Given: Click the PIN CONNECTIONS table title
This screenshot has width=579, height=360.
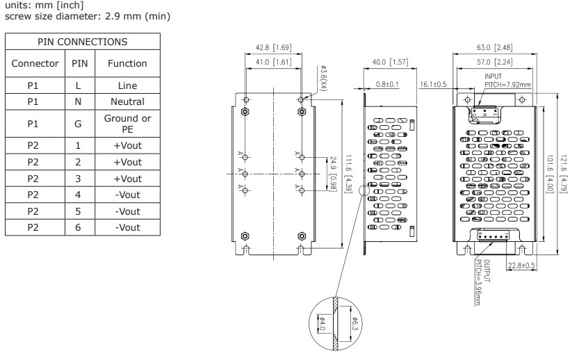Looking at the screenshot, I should (82, 42).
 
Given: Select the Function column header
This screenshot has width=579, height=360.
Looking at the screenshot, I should (127, 63).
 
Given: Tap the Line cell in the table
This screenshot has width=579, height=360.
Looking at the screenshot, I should (127, 85).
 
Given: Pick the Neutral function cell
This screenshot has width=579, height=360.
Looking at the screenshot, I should (127, 101).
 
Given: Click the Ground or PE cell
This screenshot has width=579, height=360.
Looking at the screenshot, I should (127, 124).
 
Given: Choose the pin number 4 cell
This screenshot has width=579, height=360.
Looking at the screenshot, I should (78, 195).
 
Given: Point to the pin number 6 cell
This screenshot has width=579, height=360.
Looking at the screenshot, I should (78, 227).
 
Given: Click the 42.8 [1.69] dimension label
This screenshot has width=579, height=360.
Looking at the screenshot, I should (273, 48).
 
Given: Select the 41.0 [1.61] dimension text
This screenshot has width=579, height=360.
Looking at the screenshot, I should (273, 63).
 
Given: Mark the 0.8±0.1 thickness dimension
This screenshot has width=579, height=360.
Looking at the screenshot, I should (386, 85).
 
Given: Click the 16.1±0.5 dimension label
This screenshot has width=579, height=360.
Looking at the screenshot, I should (433, 84).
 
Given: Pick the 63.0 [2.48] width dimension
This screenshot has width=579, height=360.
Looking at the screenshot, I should (494, 48).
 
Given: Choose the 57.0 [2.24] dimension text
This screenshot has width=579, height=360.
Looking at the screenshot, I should (494, 63).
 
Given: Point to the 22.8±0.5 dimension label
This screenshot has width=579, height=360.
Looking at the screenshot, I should (521, 265).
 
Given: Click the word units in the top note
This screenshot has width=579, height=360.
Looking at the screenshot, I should (17, 6).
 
